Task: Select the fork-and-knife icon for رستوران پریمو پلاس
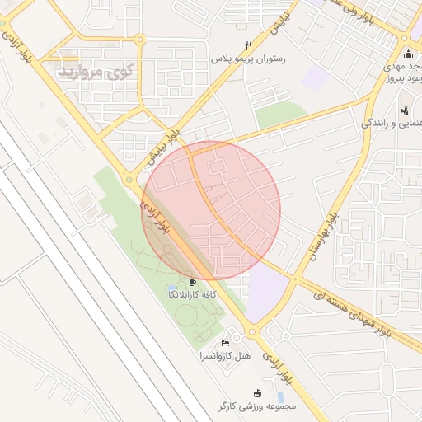[x=247, y=46]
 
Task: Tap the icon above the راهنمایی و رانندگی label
[x=404, y=110]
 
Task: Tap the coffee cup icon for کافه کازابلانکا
[x=193, y=282]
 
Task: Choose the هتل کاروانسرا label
[x=224, y=356]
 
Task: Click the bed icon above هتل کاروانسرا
[x=225, y=343]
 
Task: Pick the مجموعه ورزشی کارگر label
[x=257, y=406]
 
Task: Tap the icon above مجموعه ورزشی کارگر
[x=257, y=393]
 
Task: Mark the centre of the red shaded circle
[x=212, y=210]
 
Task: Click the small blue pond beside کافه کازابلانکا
[x=171, y=288]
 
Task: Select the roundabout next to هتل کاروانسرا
[x=252, y=332]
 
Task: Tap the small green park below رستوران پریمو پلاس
[x=280, y=116]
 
